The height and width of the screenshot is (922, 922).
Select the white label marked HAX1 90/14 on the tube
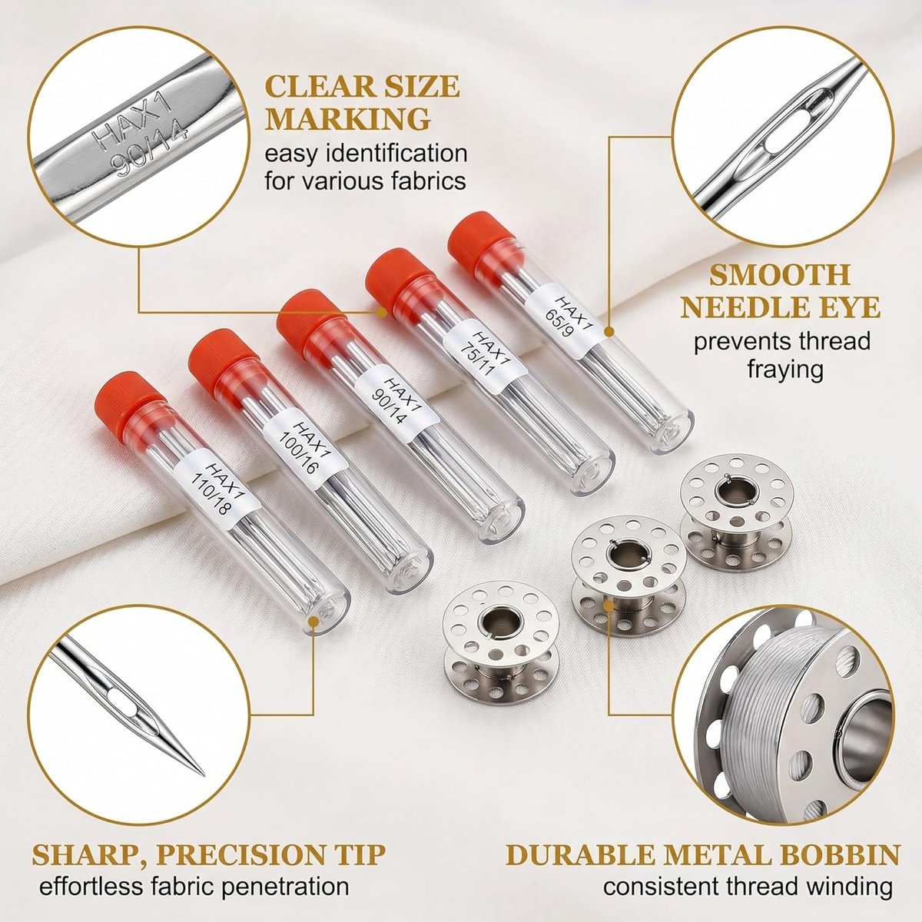pos(396,401)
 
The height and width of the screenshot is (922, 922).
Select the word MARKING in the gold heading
pos(348,118)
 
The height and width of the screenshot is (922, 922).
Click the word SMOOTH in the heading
pos(779,274)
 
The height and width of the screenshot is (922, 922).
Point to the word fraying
pos(785,370)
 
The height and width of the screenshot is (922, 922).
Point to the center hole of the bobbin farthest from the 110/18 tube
pos(734,492)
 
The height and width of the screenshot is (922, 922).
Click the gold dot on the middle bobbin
pos(609,605)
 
